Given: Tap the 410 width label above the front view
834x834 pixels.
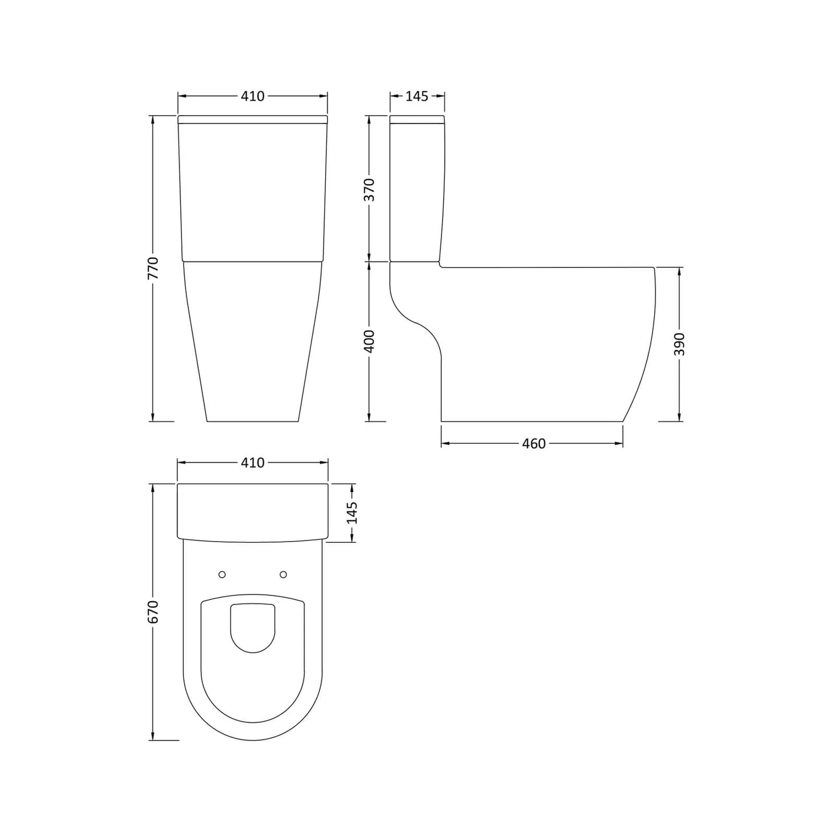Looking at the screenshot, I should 252,96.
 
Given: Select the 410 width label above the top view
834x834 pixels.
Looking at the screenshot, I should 252,463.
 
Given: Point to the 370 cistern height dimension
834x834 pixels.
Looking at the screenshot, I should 369,189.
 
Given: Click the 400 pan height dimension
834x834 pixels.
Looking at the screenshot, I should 369,341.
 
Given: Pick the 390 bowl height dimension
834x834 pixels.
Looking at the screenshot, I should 679,344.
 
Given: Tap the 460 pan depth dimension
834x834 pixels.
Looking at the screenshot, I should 533,444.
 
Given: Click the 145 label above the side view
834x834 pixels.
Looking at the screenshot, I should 416,96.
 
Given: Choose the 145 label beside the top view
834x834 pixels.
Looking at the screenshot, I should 352,513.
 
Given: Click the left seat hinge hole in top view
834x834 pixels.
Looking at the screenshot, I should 222,574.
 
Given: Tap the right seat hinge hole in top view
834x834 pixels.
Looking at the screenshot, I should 283,574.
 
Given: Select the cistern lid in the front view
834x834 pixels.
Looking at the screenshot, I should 252,118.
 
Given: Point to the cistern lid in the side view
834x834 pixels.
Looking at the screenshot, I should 417,119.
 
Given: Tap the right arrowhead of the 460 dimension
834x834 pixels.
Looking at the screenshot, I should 619,444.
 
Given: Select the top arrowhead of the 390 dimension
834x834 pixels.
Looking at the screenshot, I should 679,271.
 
